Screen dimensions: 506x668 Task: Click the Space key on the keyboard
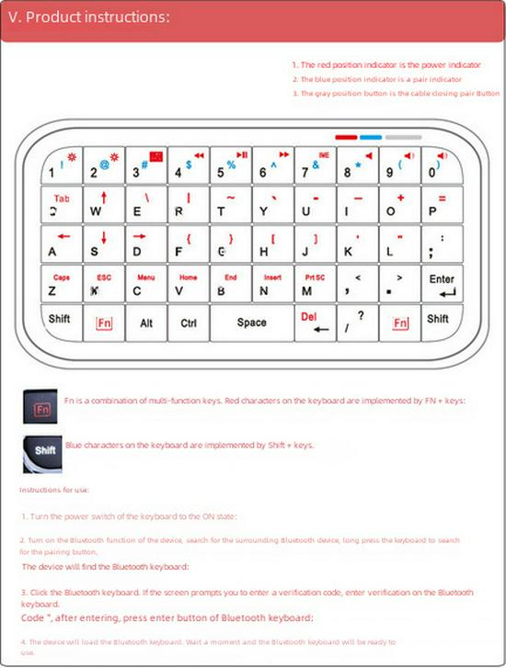[251, 323]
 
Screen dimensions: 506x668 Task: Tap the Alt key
[146, 323]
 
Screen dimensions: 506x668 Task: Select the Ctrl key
[189, 323]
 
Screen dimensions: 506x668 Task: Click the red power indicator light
[346, 137]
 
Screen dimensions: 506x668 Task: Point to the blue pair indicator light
[371, 137]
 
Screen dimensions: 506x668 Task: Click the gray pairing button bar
[403, 137]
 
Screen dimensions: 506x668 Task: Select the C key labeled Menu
[146, 284]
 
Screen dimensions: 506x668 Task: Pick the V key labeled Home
[189, 284]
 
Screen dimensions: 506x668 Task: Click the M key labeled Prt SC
[315, 284]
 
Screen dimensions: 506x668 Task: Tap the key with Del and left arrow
[315, 323]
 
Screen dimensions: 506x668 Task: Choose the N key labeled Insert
[272, 284]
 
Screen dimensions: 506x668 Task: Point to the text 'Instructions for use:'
[54, 490]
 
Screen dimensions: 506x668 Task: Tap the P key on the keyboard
[442, 204]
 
